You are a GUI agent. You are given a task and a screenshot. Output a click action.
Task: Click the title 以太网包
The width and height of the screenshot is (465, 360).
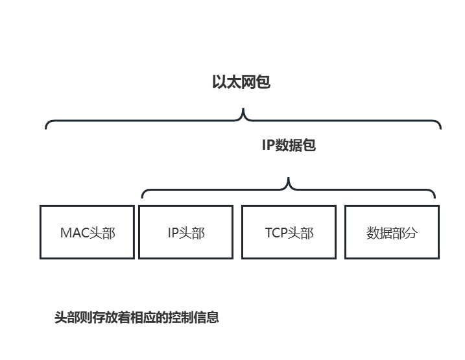[241, 82]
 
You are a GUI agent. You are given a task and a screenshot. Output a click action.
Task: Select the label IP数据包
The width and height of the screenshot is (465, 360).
[289, 145]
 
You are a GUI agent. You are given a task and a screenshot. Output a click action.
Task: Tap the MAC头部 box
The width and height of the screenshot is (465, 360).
[87, 232]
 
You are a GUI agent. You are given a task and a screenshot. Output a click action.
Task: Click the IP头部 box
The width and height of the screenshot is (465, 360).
[186, 232]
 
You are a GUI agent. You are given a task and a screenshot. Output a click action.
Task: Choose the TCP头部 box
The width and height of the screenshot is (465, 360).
[289, 232]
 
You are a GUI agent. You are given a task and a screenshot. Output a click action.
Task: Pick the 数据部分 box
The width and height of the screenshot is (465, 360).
[392, 232]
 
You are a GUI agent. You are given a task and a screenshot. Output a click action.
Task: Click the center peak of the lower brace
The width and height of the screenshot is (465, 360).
[289, 179]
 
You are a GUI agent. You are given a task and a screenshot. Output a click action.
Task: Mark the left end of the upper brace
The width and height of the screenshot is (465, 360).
[46, 127]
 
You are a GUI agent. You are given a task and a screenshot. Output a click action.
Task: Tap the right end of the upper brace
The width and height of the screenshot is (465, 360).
[440, 127]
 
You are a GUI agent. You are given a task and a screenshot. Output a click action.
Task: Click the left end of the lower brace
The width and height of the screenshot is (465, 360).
[142, 197]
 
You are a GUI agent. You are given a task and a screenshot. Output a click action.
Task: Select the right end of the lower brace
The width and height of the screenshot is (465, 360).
[435, 197]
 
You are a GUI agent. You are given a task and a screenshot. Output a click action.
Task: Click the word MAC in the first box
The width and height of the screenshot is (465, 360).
[74, 233]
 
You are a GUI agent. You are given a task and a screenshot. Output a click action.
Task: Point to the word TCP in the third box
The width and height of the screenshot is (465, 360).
[277, 233]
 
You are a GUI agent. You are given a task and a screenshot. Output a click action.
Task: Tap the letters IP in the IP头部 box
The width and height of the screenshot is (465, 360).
[173, 233]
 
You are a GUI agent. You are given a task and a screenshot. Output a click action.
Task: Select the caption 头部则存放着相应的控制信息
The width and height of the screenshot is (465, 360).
[137, 317]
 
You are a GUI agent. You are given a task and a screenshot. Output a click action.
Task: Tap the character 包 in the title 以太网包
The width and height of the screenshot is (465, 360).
[263, 82]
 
